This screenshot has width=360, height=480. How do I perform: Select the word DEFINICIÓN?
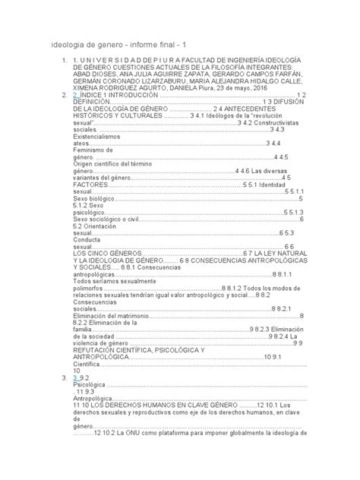click(x=95, y=103)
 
